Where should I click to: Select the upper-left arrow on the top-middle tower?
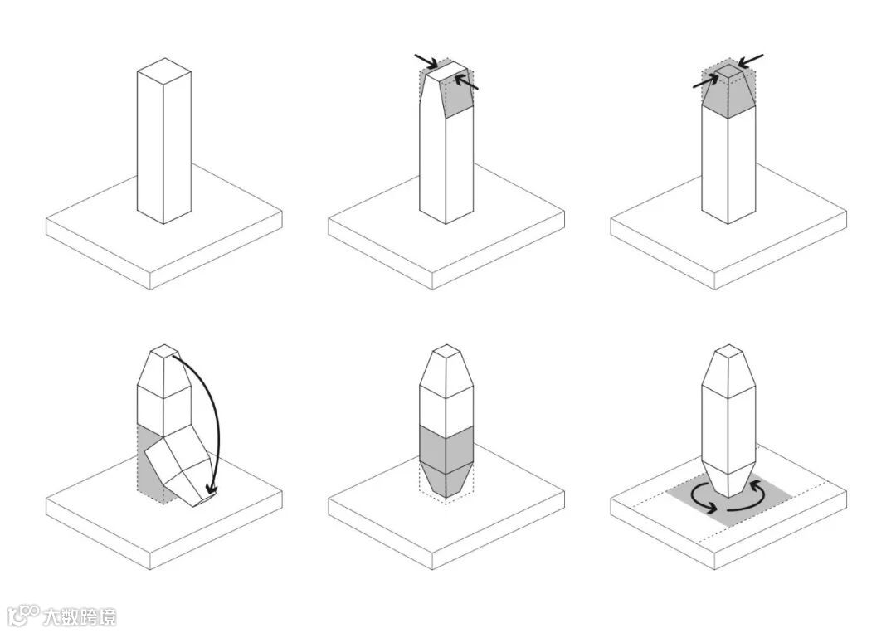click(426, 61)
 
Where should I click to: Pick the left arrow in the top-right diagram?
click(706, 82)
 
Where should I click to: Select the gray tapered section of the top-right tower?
click(728, 97)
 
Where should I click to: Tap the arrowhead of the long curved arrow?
click(212, 489)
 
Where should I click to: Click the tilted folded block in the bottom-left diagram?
click(179, 469)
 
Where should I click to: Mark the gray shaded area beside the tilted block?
click(149, 463)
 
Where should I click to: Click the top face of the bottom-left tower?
click(164, 352)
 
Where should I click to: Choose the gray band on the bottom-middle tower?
click(446, 449)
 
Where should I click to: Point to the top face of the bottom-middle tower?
click(446, 352)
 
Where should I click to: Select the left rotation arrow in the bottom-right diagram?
click(699, 498)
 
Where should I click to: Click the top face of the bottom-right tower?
click(728, 352)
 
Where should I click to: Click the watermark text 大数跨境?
click(80, 617)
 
